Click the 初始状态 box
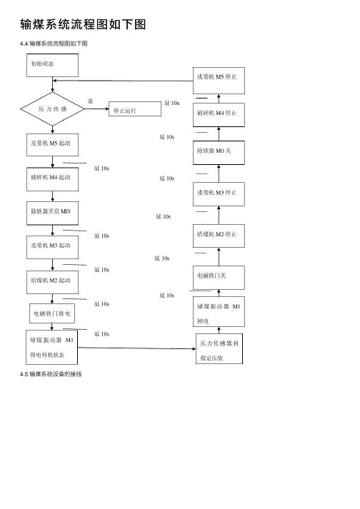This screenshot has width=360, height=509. pyautogui.click(x=52, y=65)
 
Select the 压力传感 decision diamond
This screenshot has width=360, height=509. pyautogui.click(x=52, y=109)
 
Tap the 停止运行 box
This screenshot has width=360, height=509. pyautogui.click(x=135, y=109)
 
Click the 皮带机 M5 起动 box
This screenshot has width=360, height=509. pyautogui.click(x=52, y=145)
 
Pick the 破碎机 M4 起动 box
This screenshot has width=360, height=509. pyautogui.click(x=52, y=179)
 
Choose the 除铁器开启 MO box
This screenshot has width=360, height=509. pyautogui.click(x=52, y=213)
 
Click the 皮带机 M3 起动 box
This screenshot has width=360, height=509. pyautogui.click(x=52, y=247)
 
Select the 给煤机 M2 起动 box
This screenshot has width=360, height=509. pyautogui.click(x=52, y=283)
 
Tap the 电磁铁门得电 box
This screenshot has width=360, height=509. pyautogui.click(x=52, y=313)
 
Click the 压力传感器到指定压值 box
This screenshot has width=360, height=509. pyautogui.click(x=219, y=348)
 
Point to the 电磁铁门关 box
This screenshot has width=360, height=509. pyautogui.click(x=219, y=278)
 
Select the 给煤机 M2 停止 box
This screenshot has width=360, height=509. pyautogui.click(x=219, y=236)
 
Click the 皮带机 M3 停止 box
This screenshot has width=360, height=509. pyautogui.click(x=219, y=194)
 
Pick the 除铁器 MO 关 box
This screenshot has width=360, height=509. pyautogui.click(x=219, y=153)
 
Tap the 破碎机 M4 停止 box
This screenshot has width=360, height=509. pyautogui.click(x=219, y=115)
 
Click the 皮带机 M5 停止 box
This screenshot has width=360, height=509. pyautogui.click(x=219, y=81)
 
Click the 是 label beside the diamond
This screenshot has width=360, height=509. pyautogui.click(x=90, y=101)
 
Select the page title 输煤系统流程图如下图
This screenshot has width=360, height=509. pyautogui.click(x=83, y=24)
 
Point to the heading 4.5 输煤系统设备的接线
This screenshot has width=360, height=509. pyautogui.click(x=51, y=374)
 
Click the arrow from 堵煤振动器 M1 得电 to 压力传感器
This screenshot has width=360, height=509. pyautogui.click(x=137, y=348)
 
